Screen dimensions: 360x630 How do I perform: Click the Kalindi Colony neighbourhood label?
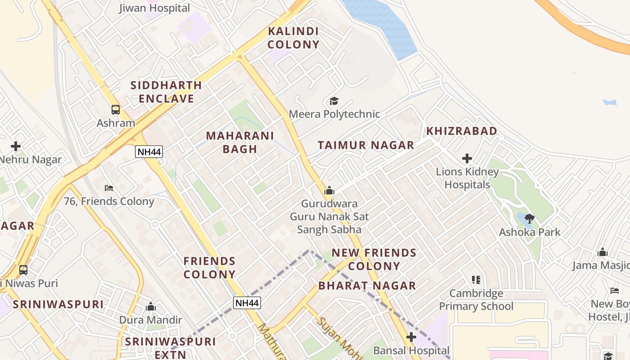point(293,38)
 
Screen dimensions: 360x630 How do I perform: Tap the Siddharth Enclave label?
point(166,92)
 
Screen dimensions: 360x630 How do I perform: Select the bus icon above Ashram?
point(116,109)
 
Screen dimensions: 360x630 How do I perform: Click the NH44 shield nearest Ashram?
point(149,152)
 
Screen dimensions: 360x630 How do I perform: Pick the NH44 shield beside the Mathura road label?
point(247,303)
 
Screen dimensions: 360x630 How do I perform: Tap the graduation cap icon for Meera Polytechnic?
point(334,101)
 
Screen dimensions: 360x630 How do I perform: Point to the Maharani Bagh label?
point(240,142)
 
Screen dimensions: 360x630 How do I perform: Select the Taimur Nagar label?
point(365,145)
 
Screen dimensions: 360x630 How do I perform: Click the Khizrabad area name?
point(462,131)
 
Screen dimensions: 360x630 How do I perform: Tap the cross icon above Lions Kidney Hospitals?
point(467,158)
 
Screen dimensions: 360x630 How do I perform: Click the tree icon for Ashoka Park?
point(529,219)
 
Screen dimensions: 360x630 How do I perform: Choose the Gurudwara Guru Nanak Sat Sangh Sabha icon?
point(329,191)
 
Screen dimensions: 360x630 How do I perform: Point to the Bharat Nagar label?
point(367,286)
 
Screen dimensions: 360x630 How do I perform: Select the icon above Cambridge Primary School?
point(476,280)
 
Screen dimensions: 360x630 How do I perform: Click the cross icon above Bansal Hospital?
point(411,337)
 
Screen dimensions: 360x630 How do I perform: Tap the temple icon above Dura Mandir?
point(151,307)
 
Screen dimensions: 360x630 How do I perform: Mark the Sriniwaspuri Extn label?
point(171,348)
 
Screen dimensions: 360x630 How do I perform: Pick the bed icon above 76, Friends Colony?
point(109,188)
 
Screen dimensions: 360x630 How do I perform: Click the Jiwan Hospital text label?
point(154,8)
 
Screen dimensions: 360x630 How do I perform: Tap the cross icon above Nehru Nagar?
point(16,146)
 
